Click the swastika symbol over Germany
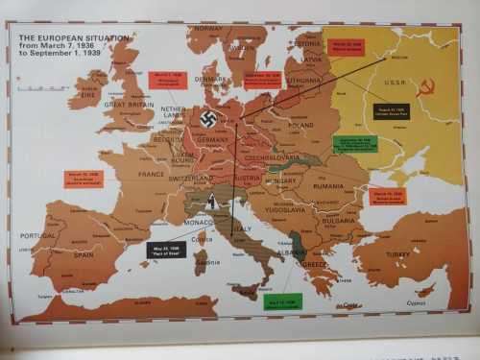click(208, 119)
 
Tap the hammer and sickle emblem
click(426, 87)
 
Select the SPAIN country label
click(84, 254)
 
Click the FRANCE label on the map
click(152, 175)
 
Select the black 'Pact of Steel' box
click(166, 250)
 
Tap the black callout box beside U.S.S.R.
click(391, 111)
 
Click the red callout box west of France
click(83, 180)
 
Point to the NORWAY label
click(208, 29)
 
